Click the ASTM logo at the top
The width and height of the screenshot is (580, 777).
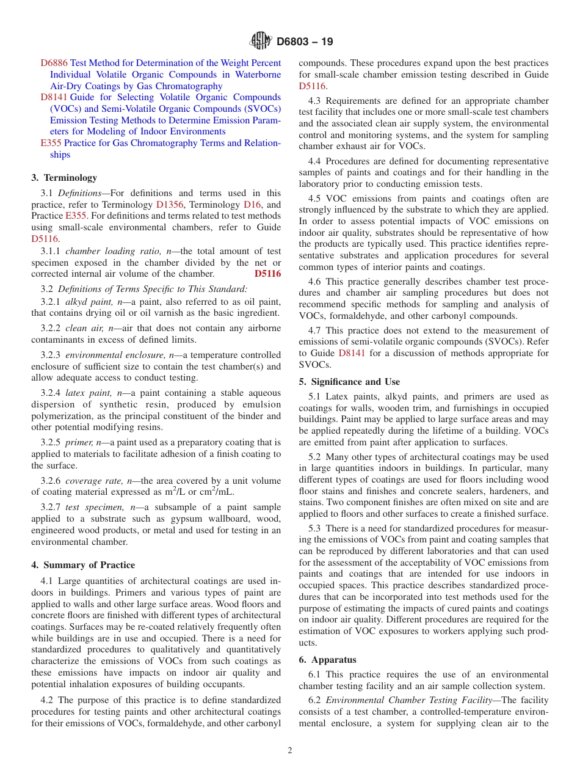(x=261, y=42)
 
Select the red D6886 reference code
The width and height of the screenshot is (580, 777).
(x=54, y=63)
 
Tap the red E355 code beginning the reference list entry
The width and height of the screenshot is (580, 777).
(x=51, y=143)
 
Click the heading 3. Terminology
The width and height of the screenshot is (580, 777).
(x=64, y=178)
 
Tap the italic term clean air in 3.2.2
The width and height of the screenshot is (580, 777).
(x=85, y=328)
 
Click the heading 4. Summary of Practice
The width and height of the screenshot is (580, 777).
(x=83, y=565)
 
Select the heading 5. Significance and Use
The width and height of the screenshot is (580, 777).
(x=349, y=382)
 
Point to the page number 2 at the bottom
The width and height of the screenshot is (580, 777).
(x=290, y=751)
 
